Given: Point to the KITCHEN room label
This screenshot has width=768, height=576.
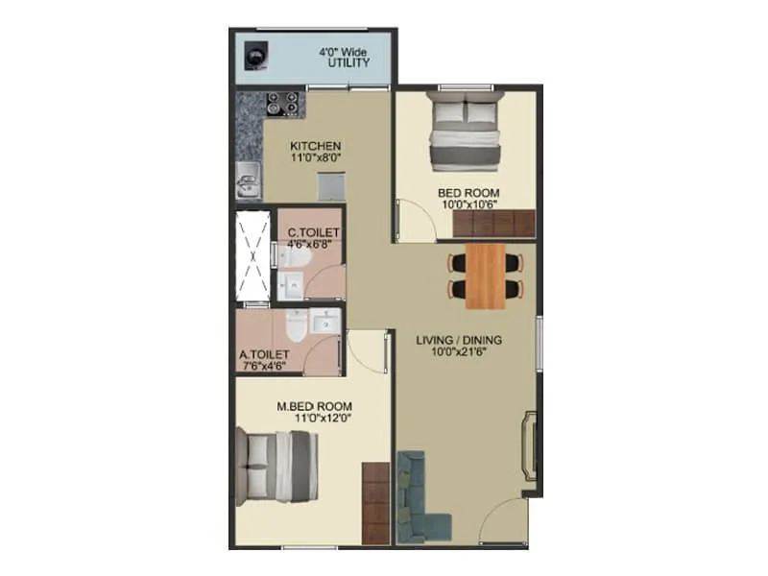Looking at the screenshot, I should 317,146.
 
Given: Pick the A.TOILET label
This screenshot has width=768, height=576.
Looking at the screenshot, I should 264,353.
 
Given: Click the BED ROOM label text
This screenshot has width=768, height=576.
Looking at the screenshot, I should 468,192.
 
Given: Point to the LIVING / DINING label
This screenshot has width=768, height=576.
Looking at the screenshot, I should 459,340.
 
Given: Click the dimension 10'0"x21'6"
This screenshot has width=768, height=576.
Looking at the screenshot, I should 459,352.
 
